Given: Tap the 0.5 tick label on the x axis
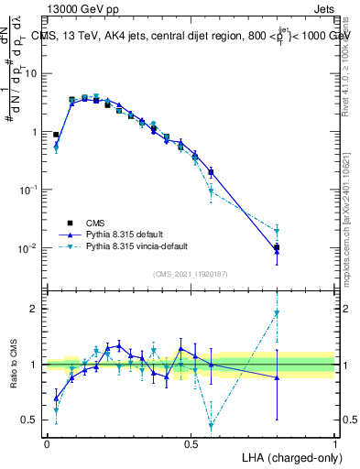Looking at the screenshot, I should click(191, 444).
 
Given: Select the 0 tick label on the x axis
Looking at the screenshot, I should click(47, 444).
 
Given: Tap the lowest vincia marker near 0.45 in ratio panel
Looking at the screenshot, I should click(212, 425).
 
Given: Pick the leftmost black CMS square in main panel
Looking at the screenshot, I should click(56, 135).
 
